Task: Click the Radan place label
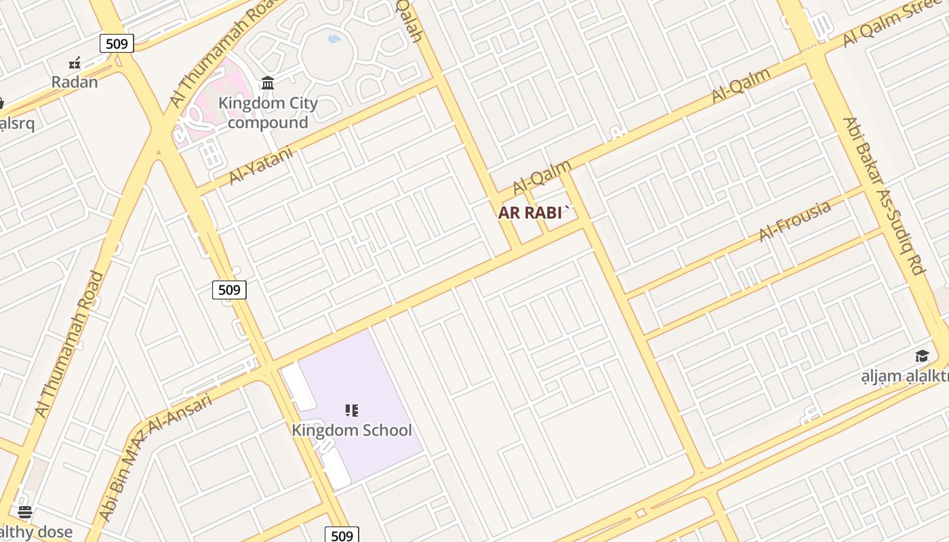(x=75, y=82)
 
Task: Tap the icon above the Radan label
(x=75, y=64)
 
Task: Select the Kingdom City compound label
(x=268, y=113)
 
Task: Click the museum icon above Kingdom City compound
(x=268, y=83)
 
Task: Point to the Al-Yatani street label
(x=261, y=165)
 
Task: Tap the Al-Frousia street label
(x=794, y=221)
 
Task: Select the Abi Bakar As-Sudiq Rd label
(x=884, y=196)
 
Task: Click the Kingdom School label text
(x=351, y=430)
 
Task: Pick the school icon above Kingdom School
(x=351, y=410)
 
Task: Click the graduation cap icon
(x=922, y=356)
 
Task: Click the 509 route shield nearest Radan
(x=117, y=43)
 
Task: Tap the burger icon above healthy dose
(x=25, y=512)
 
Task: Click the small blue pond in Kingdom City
(x=334, y=39)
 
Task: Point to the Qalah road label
(x=409, y=20)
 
